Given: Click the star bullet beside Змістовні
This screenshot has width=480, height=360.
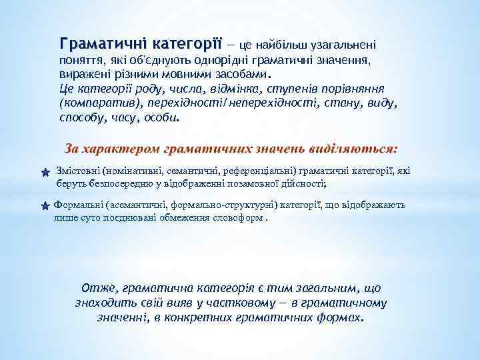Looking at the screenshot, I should [44, 172].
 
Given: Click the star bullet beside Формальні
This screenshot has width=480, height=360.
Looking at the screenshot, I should [44, 206].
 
